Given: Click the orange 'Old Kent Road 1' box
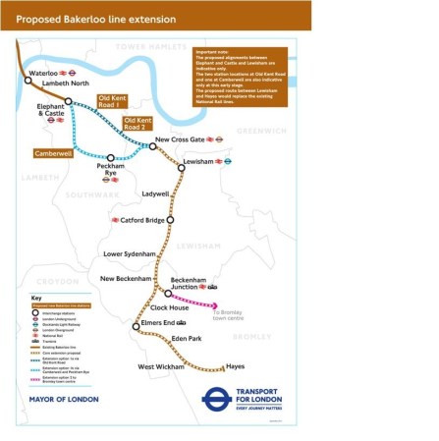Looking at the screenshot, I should [117, 103].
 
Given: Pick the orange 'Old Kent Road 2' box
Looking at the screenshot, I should [138, 124].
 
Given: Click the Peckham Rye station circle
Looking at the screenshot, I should [111, 157].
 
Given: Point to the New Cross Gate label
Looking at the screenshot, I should [181, 139].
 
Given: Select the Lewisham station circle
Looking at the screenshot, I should [182, 168].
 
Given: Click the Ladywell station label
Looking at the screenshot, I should [155, 193].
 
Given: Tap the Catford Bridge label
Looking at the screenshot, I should [142, 220].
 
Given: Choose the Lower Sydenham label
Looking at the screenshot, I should [130, 254].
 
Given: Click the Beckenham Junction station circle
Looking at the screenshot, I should [168, 294].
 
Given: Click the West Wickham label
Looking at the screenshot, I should [161, 366].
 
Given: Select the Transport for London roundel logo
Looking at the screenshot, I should [215, 398].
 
